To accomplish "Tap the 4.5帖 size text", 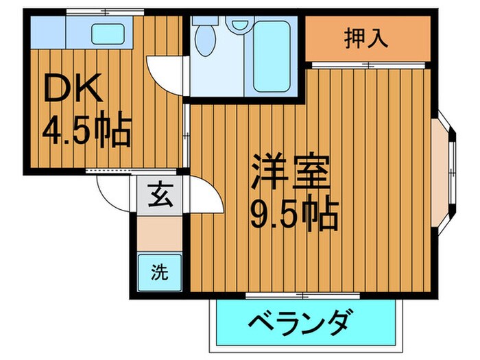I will click(87, 131).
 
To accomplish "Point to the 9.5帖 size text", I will click(294, 215).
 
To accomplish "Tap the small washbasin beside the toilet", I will click(239, 25).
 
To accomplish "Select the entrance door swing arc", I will click(110, 188).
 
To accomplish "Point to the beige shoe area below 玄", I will click(158, 233).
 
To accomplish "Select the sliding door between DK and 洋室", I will click(186, 134).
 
